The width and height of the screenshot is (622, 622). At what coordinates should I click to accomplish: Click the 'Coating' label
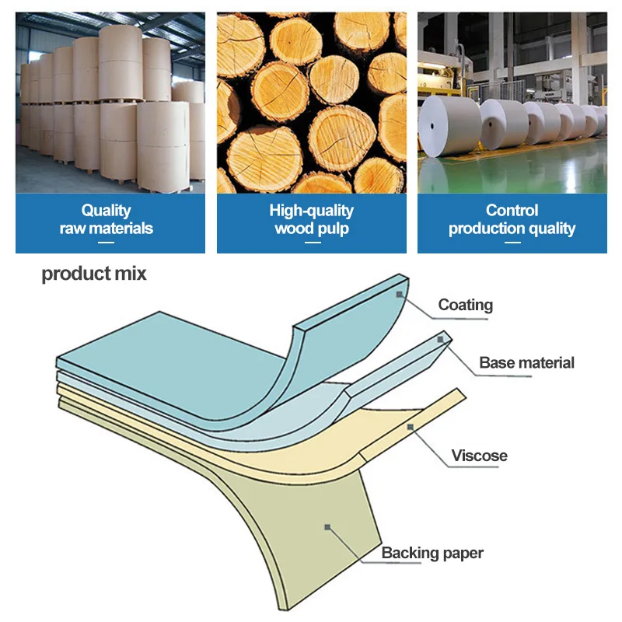point(465,304)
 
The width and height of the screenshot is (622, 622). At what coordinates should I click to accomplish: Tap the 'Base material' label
point(526,362)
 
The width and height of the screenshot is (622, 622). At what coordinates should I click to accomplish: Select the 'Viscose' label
point(479,456)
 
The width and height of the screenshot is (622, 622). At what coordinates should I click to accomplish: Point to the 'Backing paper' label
point(432,553)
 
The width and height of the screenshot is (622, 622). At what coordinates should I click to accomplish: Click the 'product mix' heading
point(93,274)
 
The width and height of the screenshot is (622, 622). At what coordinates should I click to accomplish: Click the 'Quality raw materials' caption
point(107,219)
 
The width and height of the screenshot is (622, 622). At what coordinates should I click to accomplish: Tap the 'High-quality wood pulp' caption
point(311,219)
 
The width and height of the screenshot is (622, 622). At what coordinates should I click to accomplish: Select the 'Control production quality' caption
point(512,219)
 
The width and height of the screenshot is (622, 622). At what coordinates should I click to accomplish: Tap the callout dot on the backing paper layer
point(328,528)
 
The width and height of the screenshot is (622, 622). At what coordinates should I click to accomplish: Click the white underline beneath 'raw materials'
point(107,243)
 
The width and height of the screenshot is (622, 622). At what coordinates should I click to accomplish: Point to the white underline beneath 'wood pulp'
point(311,243)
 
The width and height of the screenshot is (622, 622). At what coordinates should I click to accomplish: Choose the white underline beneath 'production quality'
point(512,243)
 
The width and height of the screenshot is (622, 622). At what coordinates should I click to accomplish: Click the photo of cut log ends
point(311,103)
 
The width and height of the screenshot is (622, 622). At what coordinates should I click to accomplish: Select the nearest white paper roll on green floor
point(449,124)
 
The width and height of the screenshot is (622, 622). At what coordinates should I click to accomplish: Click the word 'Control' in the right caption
point(512,210)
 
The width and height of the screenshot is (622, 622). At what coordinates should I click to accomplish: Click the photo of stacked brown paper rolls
point(110,103)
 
